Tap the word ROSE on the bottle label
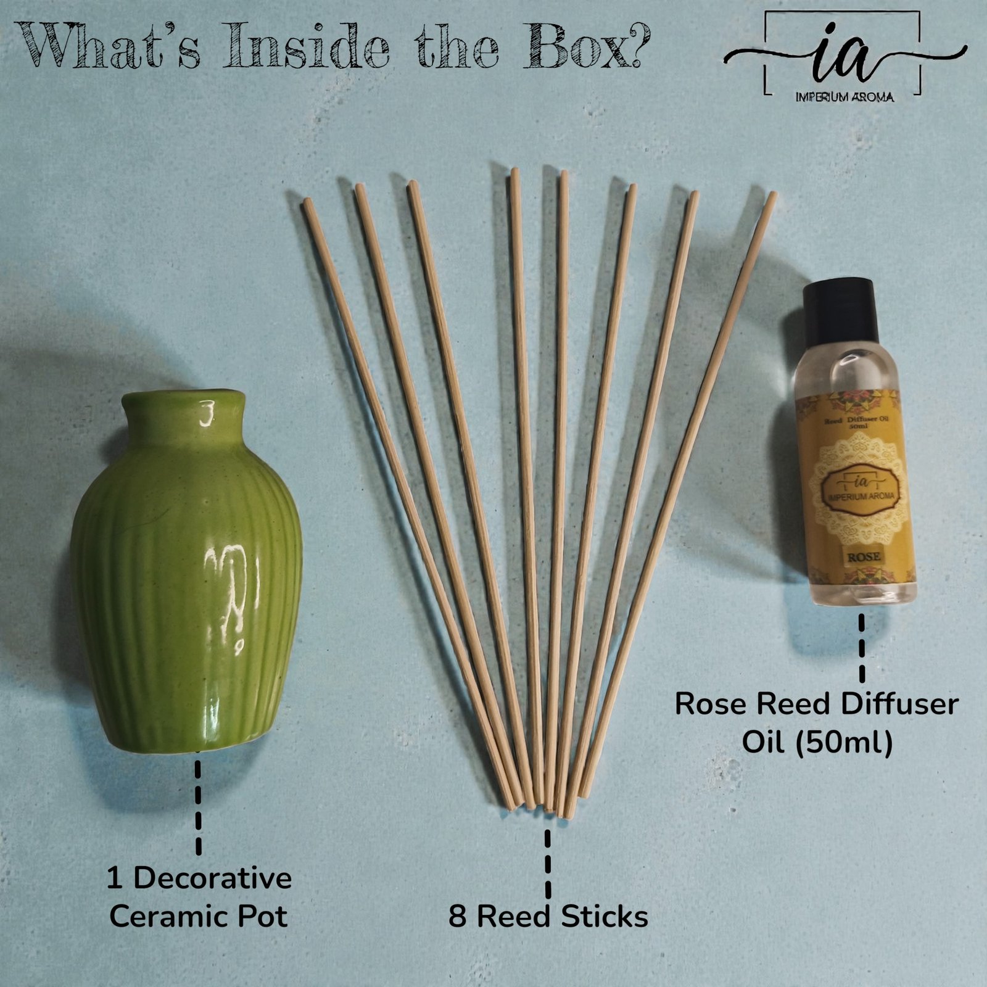(863, 556)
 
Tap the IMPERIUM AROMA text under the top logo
(845, 97)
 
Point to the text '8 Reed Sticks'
(548, 917)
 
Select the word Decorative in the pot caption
(212, 878)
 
